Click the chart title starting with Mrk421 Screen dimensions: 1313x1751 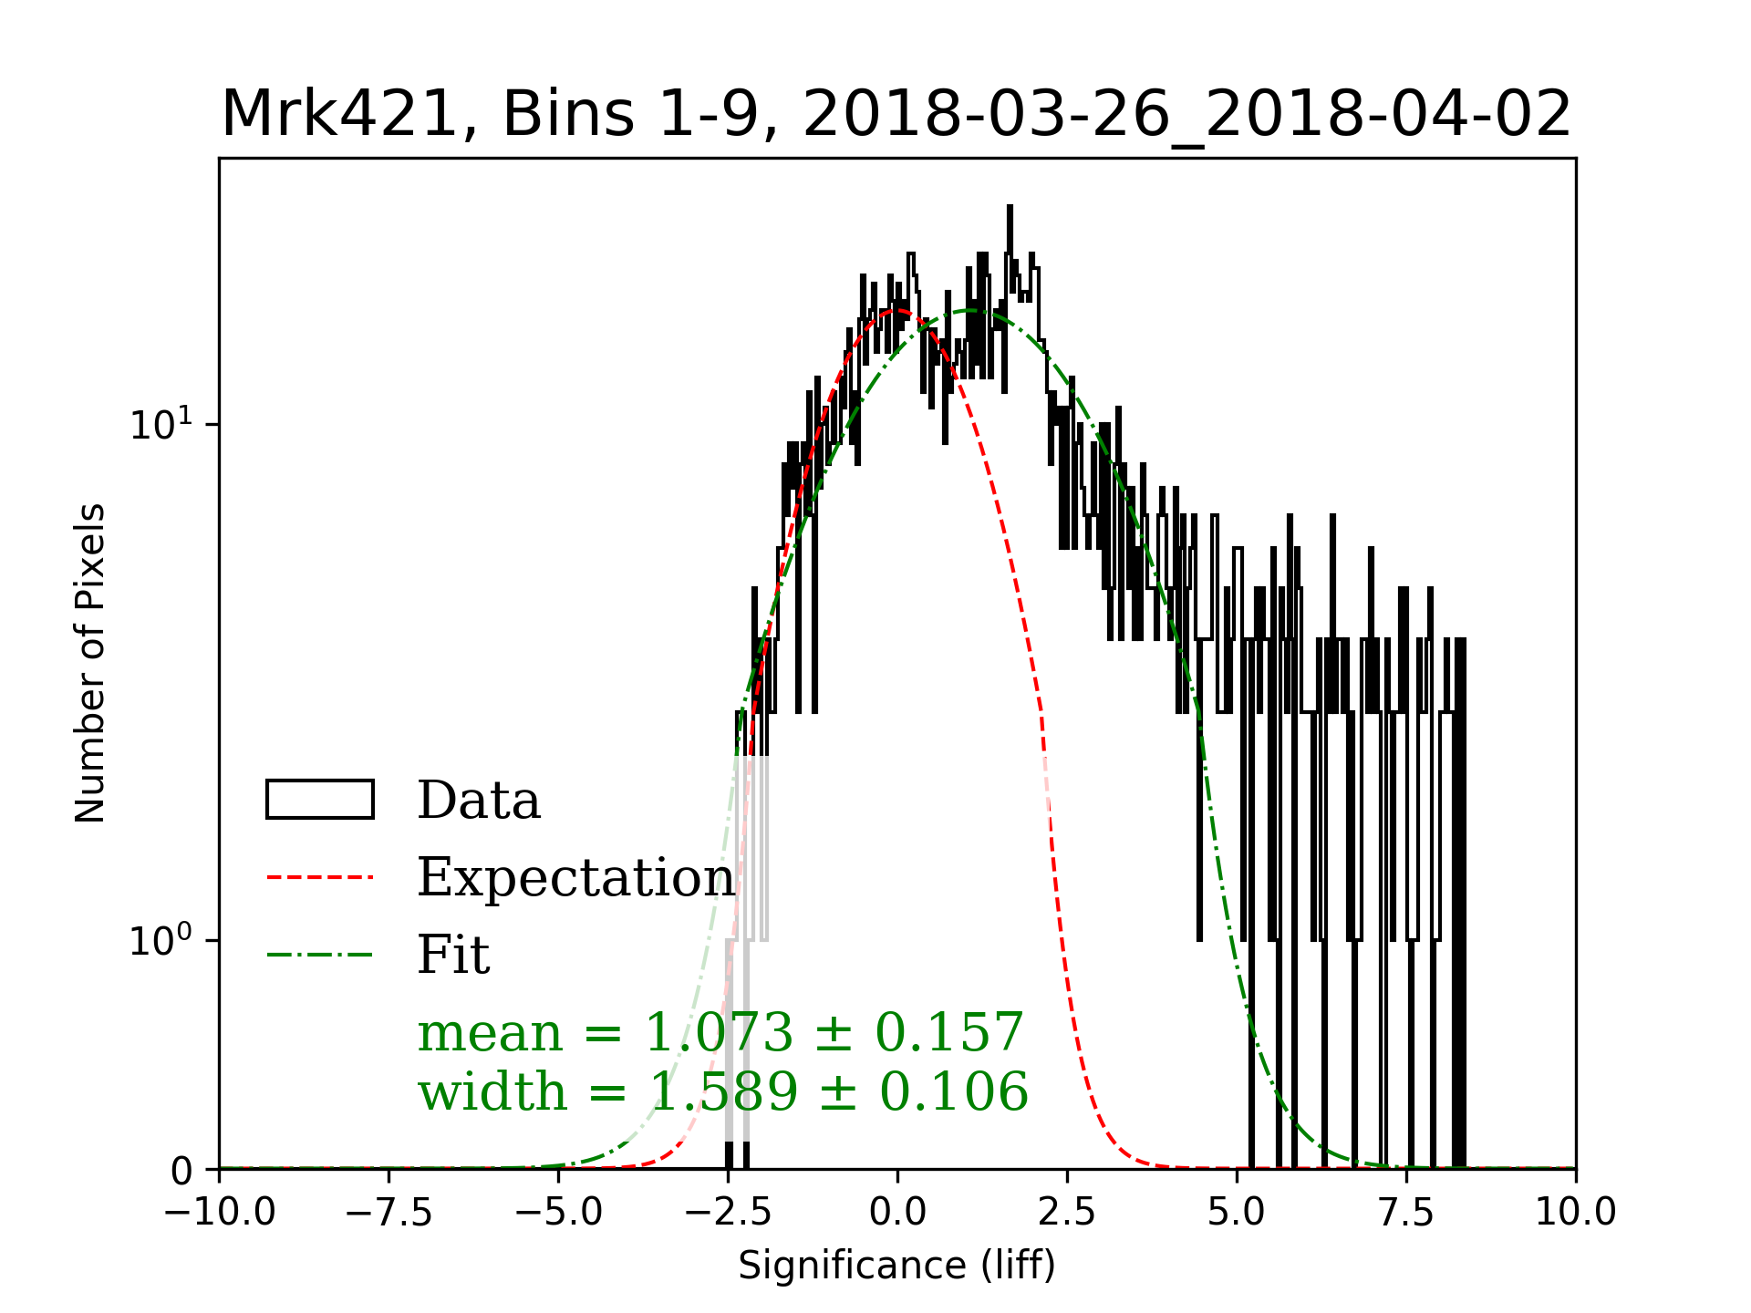click(x=896, y=115)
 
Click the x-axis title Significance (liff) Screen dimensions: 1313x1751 click(x=896, y=1266)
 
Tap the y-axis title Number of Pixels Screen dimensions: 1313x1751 click(x=90, y=663)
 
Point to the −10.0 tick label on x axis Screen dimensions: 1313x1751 click(x=220, y=1213)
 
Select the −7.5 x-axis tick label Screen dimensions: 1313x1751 click(x=389, y=1213)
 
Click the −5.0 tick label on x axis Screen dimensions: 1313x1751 click(x=559, y=1213)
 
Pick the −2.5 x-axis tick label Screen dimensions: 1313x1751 click(x=729, y=1213)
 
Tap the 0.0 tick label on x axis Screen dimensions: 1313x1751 click(x=897, y=1213)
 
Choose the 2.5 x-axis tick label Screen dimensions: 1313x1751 click(x=1067, y=1213)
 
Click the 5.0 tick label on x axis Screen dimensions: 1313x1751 click(x=1237, y=1213)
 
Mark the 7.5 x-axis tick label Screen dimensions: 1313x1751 click(x=1406, y=1213)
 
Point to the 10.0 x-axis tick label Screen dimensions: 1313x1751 click(x=1575, y=1213)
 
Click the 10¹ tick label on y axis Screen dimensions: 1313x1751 click(x=162, y=424)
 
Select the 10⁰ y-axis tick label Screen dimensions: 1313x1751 click(x=162, y=940)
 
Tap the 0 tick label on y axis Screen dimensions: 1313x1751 click(x=181, y=1171)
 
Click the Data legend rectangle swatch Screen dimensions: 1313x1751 click(x=319, y=800)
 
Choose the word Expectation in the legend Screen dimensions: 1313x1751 click(x=575, y=877)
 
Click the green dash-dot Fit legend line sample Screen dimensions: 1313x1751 click(x=319, y=955)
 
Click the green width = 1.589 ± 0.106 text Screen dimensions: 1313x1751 click(x=722, y=1091)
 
